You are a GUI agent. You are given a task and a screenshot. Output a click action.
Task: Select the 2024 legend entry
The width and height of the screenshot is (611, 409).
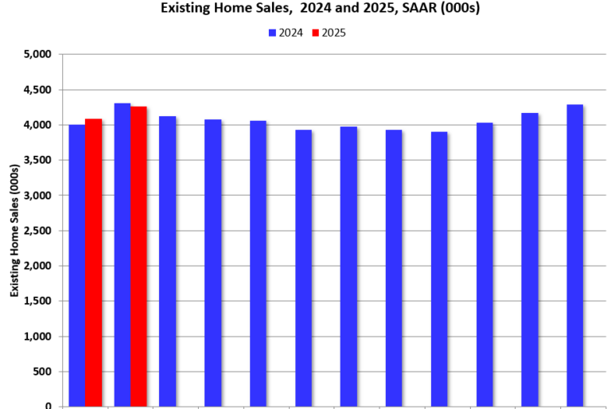coord(286,33)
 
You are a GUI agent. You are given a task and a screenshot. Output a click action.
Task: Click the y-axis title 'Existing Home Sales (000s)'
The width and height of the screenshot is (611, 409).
coord(14,231)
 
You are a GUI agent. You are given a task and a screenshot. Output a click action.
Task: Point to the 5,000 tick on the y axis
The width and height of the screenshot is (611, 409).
coord(37,55)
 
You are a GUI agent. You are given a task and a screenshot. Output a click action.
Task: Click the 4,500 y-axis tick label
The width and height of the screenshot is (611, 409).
coord(37,90)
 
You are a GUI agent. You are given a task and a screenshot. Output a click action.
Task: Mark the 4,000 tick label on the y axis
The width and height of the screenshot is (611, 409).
coord(37,125)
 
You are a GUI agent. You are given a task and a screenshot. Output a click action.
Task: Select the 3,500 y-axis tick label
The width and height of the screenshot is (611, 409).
coord(37,160)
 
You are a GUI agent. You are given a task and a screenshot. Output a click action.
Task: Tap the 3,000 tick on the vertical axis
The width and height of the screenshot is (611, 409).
coord(37,196)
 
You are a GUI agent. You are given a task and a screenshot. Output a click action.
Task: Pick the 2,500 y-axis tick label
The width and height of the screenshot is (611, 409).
coord(37,231)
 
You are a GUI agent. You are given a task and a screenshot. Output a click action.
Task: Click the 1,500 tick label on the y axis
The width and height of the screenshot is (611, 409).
coord(37,301)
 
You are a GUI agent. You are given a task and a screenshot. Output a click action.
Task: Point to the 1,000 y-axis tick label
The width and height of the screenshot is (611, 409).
coord(37,337)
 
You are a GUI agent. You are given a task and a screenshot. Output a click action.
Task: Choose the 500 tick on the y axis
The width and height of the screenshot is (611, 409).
coord(43,372)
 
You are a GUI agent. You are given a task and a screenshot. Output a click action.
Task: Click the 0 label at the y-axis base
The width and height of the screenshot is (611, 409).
coord(49,406)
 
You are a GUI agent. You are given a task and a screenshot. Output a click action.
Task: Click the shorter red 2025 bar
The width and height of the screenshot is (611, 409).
coord(94,263)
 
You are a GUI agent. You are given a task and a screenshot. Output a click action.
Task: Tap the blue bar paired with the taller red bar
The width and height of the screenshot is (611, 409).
coord(122,255)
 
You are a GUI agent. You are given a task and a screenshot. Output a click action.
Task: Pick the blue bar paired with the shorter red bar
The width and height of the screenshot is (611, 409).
coord(77,266)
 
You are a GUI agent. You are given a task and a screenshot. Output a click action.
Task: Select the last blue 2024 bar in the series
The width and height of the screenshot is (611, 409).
coord(574,255)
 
